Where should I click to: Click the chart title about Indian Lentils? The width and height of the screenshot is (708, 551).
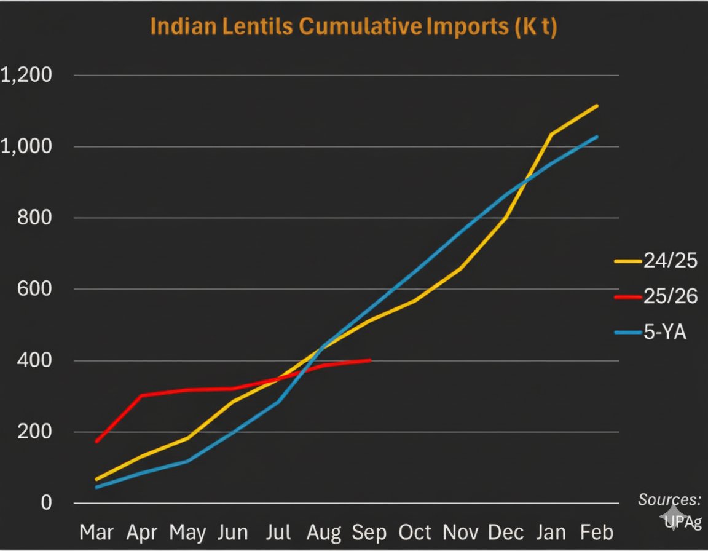(353, 28)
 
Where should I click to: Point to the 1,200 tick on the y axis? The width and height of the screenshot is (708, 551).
(27, 76)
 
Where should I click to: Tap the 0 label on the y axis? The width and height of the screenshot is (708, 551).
(45, 502)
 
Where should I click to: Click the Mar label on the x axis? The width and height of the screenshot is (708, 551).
(97, 532)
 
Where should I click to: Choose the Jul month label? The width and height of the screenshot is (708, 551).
(279, 532)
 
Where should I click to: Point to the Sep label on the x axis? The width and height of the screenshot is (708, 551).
(369, 532)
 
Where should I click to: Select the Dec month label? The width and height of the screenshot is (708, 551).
(506, 532)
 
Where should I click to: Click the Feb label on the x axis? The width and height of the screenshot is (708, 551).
(597, 532)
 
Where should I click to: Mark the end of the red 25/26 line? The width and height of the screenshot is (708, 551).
(370, 360)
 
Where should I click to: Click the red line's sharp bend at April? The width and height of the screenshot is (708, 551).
(142, 395)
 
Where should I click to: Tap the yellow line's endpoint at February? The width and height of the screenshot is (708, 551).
(597, 106)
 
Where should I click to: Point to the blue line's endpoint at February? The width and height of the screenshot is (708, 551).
(597, 137)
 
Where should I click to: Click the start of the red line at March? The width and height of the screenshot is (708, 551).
(96, 442)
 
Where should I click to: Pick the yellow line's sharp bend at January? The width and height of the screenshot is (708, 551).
(551, 134)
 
